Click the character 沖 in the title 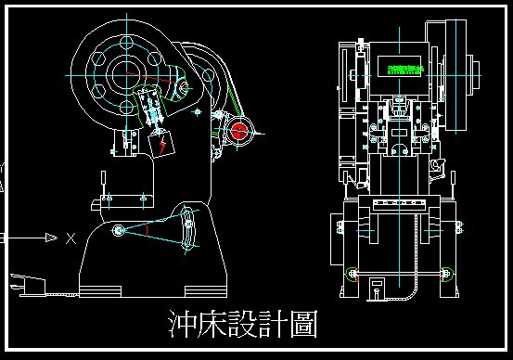pos(182,325)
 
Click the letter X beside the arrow pos(71,238)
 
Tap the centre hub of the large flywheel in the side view pos(121,72)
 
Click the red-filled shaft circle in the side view pos(240,130)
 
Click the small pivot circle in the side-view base pos(118,230)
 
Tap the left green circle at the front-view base pos(352,273)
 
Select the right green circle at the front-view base pos(449,273)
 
